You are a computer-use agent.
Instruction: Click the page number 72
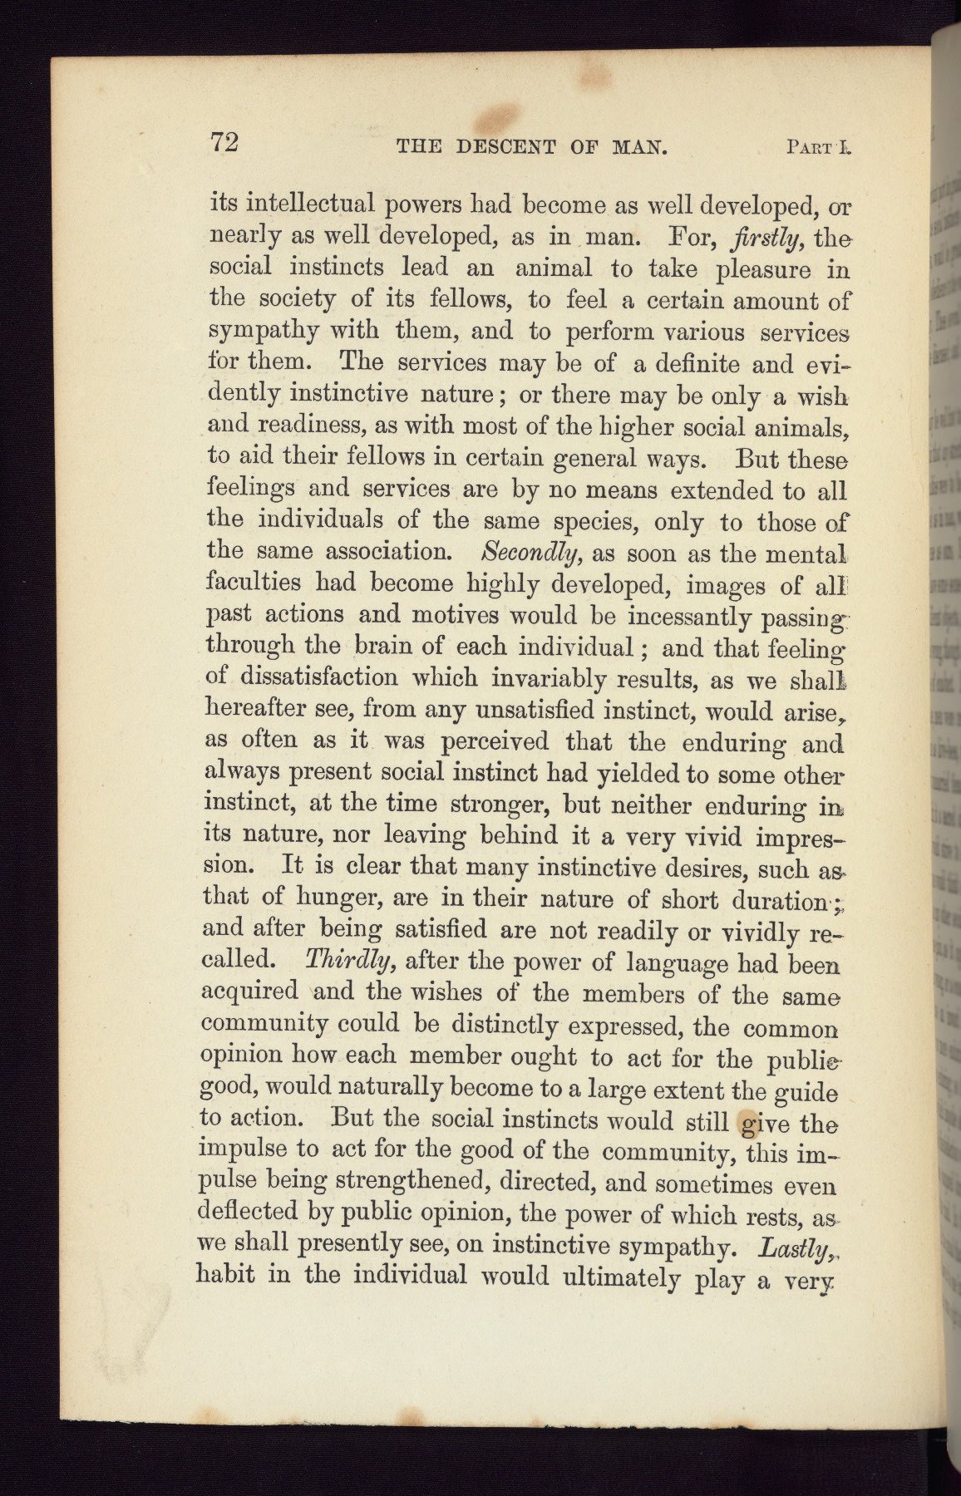pyautogui.click(x=224, y=143)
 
